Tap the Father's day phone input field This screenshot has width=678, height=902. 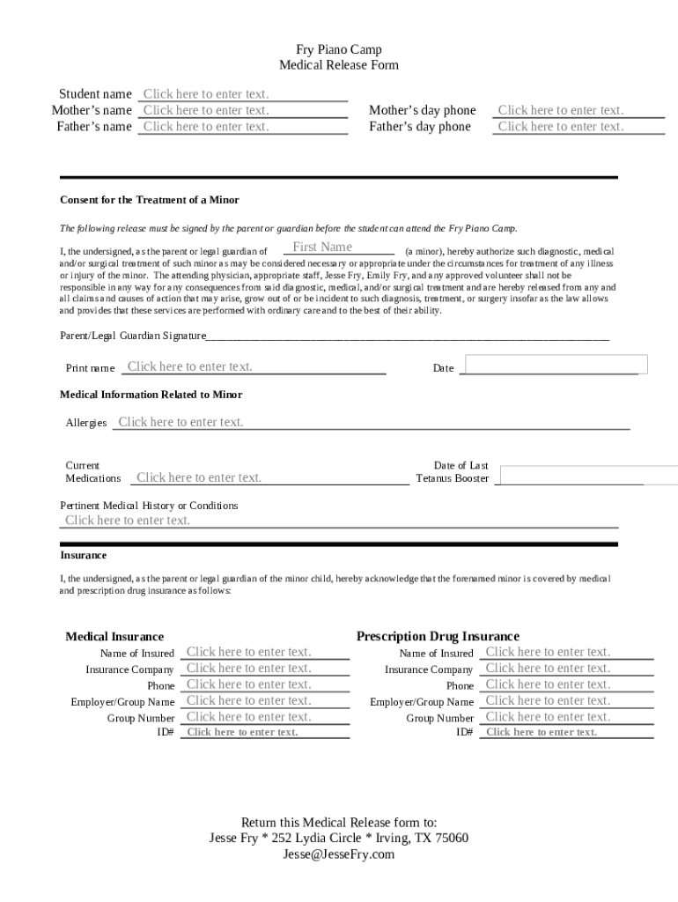tap(579, 127)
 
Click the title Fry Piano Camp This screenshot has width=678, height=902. tap(338, 49)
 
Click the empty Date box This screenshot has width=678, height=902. tap(556, 365)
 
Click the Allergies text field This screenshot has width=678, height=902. tap(370, 422)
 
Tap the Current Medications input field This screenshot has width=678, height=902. tap(264, 477)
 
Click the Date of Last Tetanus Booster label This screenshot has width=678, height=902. tap(453, 472)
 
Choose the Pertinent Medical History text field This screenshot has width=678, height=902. tap(338, 521)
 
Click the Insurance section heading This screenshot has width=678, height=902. tap(83, 556)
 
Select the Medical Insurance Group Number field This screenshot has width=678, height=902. tap(264, 717)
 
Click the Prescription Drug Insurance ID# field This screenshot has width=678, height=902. tap(565, 732)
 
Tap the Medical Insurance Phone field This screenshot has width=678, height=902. tap(264, 684)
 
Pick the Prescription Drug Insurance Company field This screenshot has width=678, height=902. tap(565, 669)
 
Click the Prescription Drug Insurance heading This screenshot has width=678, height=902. tap(438, 636)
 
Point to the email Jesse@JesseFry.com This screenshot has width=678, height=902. tap(338, 854)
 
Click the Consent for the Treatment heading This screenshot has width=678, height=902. tap(149, 200)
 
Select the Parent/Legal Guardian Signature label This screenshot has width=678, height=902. tap(132, 336)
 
